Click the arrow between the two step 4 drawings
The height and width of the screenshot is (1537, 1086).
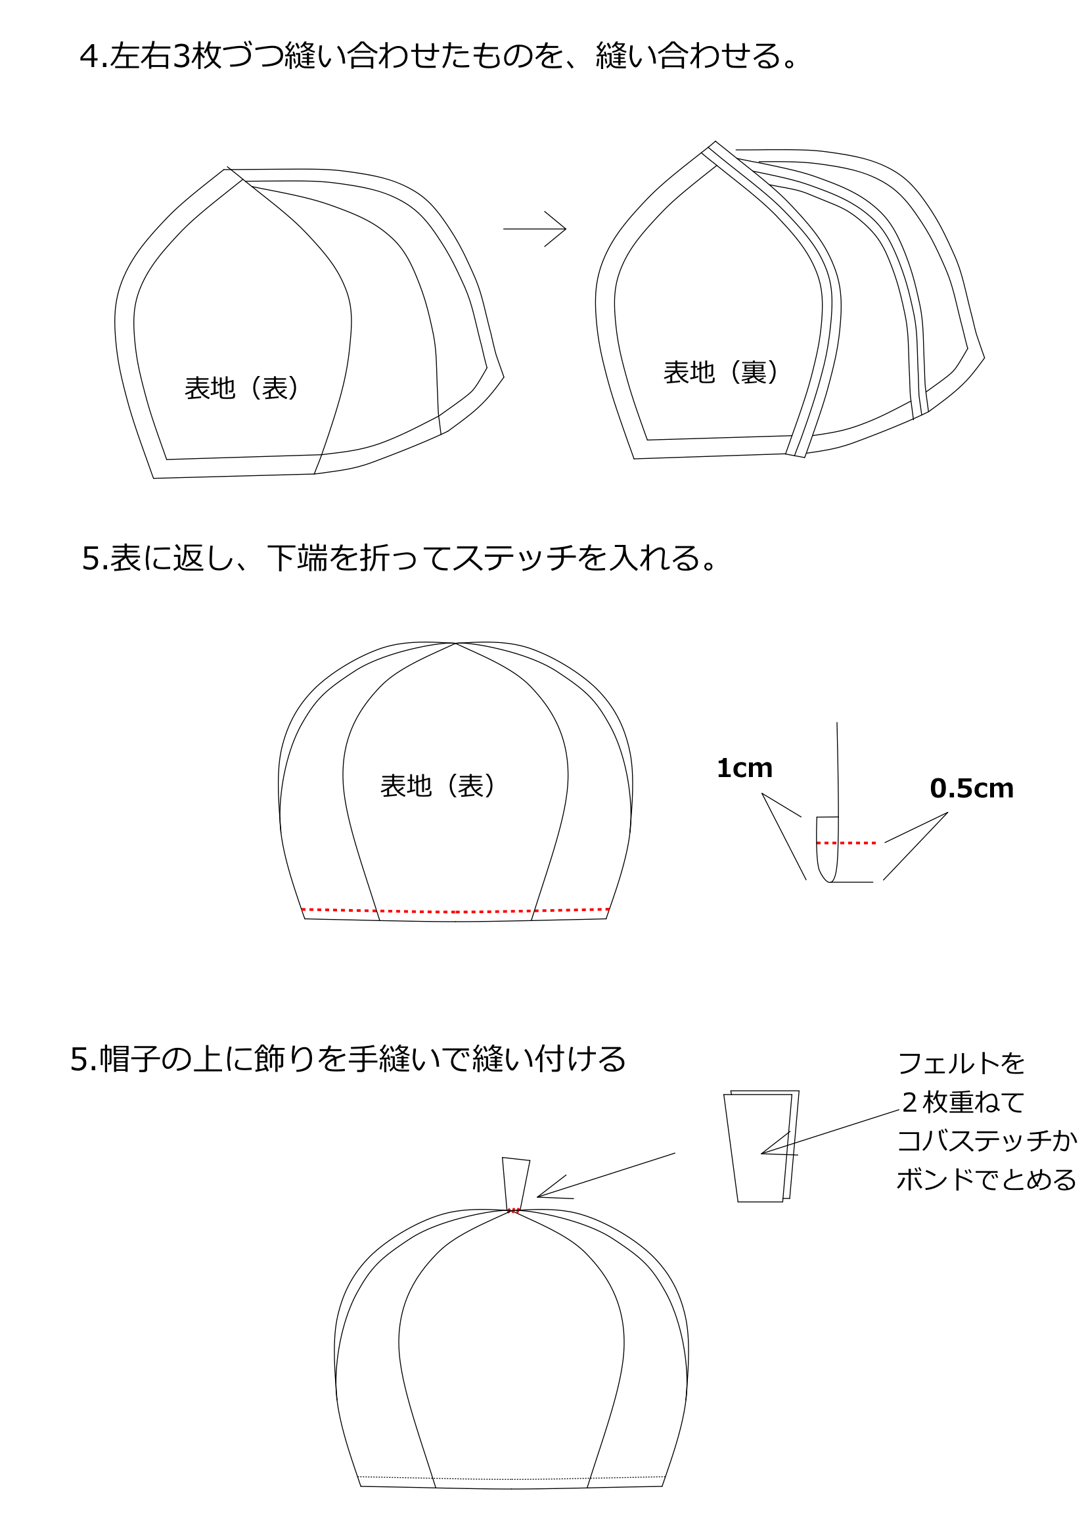534,229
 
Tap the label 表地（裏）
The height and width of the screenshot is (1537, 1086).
721,372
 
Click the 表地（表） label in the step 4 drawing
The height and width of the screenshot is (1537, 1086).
242,389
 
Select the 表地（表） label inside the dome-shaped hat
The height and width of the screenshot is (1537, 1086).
438,786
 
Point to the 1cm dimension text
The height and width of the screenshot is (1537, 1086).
744,768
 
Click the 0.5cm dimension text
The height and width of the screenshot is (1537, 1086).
972,789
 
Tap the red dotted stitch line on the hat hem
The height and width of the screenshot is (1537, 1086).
456,910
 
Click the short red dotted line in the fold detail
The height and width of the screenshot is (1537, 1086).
846,843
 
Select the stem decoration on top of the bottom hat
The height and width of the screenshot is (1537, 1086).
516,1183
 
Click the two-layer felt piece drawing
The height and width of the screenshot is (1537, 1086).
761,1146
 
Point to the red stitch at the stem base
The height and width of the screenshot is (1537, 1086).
513,1210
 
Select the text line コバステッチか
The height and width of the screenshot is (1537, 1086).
987,1141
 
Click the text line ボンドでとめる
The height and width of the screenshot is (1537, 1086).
986,1179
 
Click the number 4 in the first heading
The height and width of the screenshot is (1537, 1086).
89,57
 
